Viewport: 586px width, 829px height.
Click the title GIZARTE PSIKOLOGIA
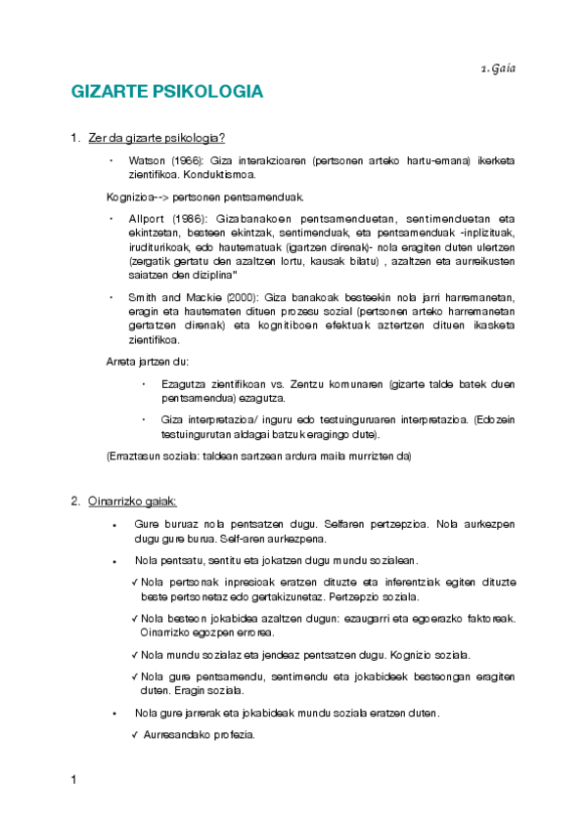click(x=167, y=92)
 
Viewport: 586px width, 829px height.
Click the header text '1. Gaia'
click(x=498, y=67)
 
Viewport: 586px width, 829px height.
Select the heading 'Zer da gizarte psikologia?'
click(x=157, y=138)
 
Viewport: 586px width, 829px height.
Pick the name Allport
click(x=148, y=218)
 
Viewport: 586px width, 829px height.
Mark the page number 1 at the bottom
click(x=73, y=780)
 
